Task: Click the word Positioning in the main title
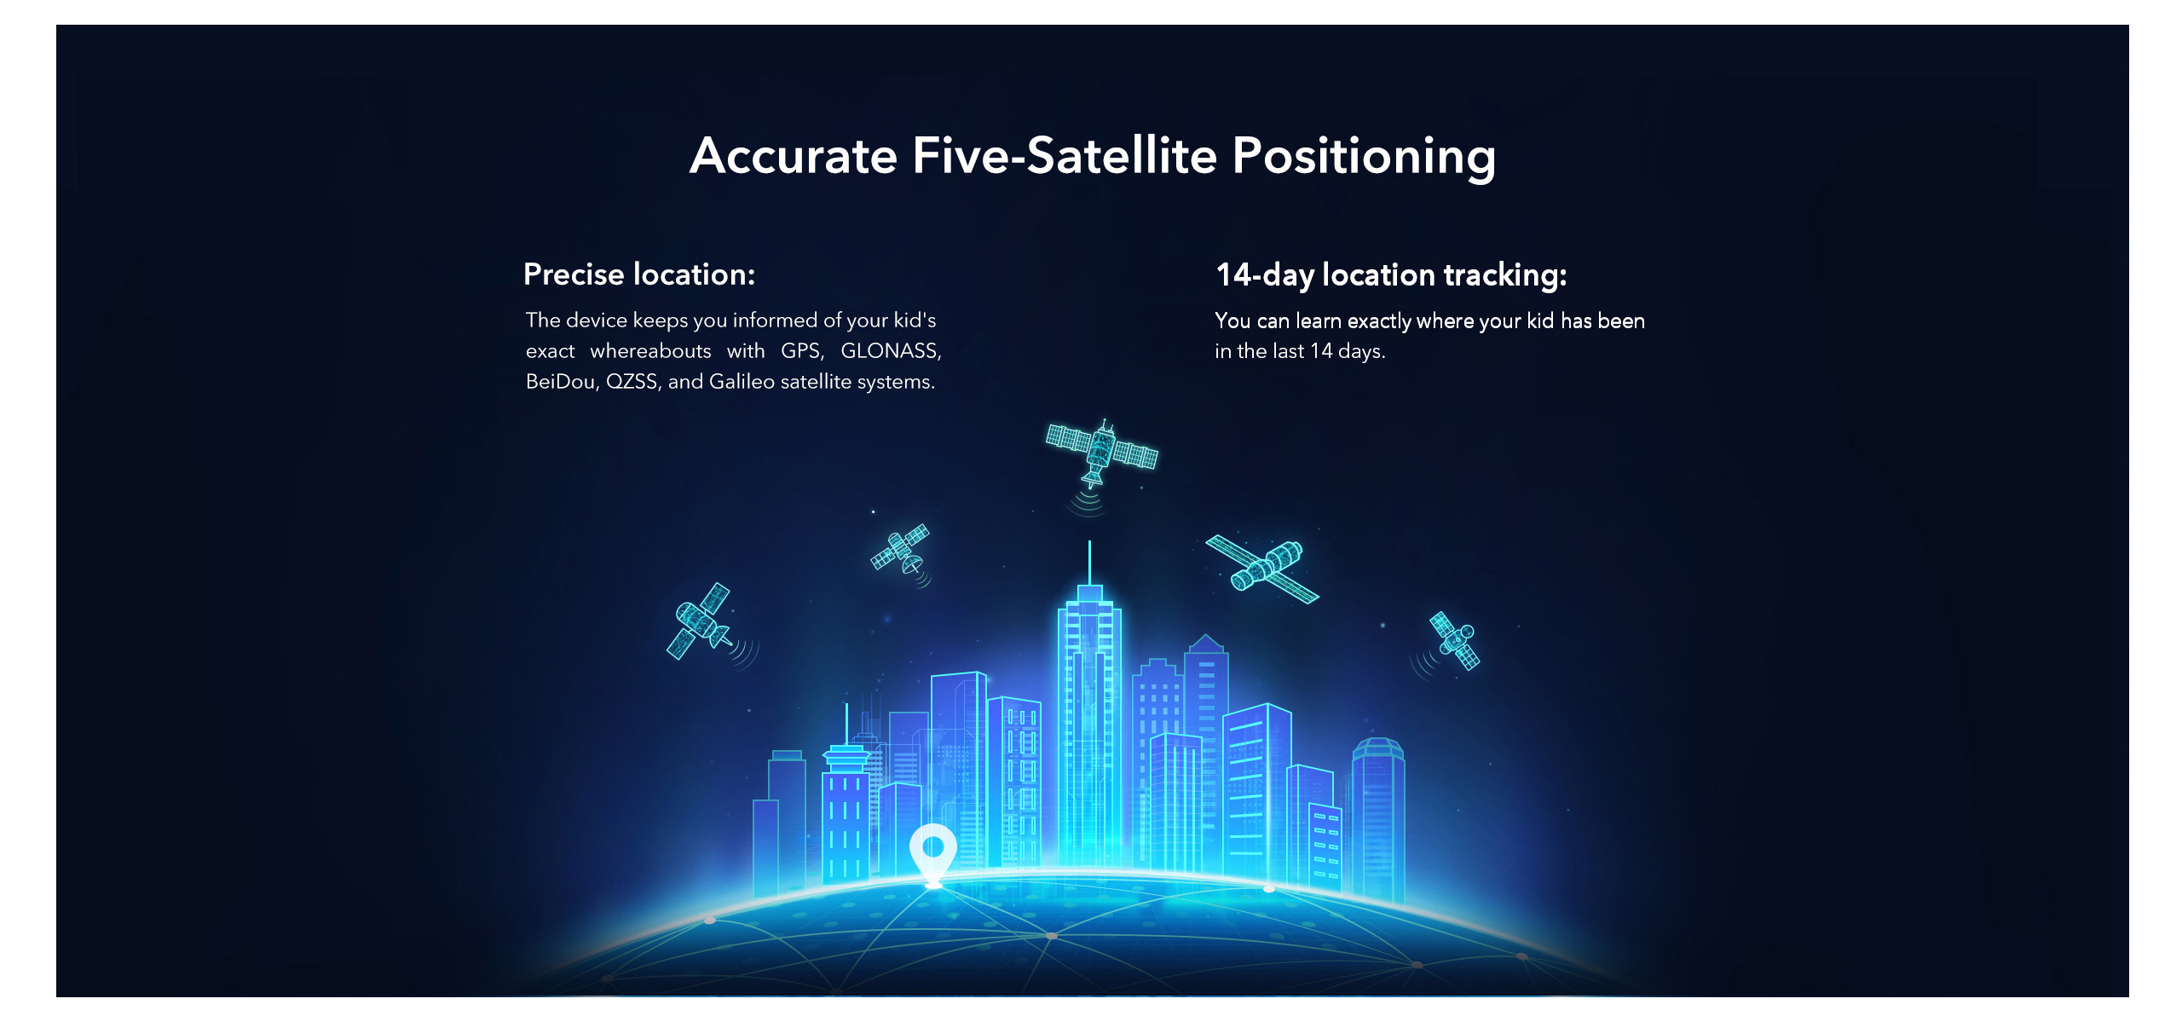point(1364,157)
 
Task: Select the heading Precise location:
point(639,274)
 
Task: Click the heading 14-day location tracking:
point(1391,275)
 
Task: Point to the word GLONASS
point(891,350)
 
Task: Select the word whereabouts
point(650,350)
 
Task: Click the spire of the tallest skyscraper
point(1089,563)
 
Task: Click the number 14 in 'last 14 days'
point(1320,351)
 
